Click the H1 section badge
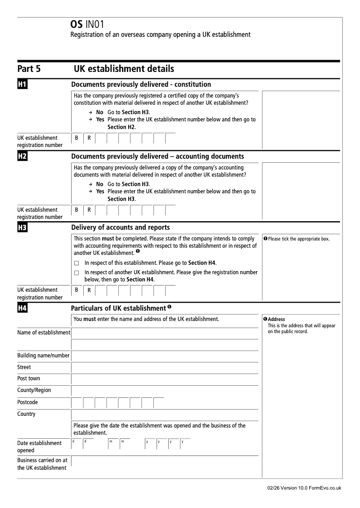(22, 84)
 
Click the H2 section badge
(22, 156)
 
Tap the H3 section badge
(22, 227)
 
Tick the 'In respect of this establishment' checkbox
(76, 263)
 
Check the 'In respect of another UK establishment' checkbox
(76, 272)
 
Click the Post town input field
(165, 379)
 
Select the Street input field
(165, 367)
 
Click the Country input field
(165, 414)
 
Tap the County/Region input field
(165, 391)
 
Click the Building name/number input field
(165, 356)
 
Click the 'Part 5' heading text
(29, 69)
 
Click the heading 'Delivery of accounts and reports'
(121, 227)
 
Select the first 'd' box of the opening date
(76, 444)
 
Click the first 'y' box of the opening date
(150, 444)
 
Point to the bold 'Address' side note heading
(276, 319)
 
